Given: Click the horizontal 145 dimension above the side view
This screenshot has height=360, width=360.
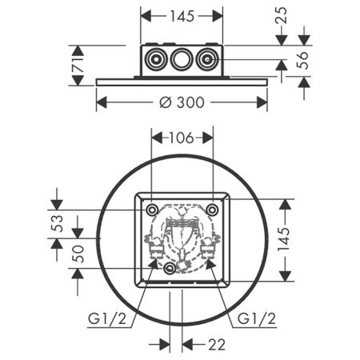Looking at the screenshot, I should (182, 15).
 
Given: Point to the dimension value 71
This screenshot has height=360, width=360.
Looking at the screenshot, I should (78, 60).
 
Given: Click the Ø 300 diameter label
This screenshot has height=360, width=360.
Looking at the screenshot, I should (182, 102).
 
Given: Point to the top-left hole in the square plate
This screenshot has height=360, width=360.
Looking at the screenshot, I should (152, 209).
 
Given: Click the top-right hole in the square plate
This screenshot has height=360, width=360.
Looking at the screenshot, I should (212, 209).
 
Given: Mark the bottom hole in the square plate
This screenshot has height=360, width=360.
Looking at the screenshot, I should (169, 270).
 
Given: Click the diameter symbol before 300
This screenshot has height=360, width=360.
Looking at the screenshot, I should (164, 102).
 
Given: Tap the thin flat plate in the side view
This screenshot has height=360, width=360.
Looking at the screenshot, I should (182, 78).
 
